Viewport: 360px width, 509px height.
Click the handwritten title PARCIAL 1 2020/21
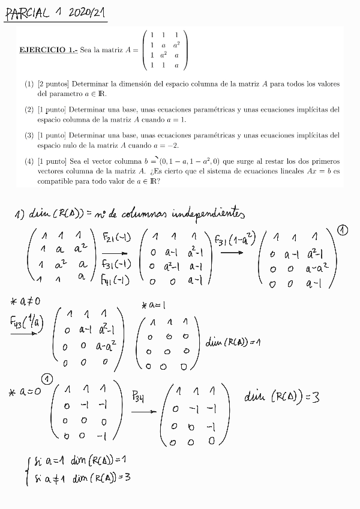coord(55,13)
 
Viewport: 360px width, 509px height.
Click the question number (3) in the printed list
coord(29,136)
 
